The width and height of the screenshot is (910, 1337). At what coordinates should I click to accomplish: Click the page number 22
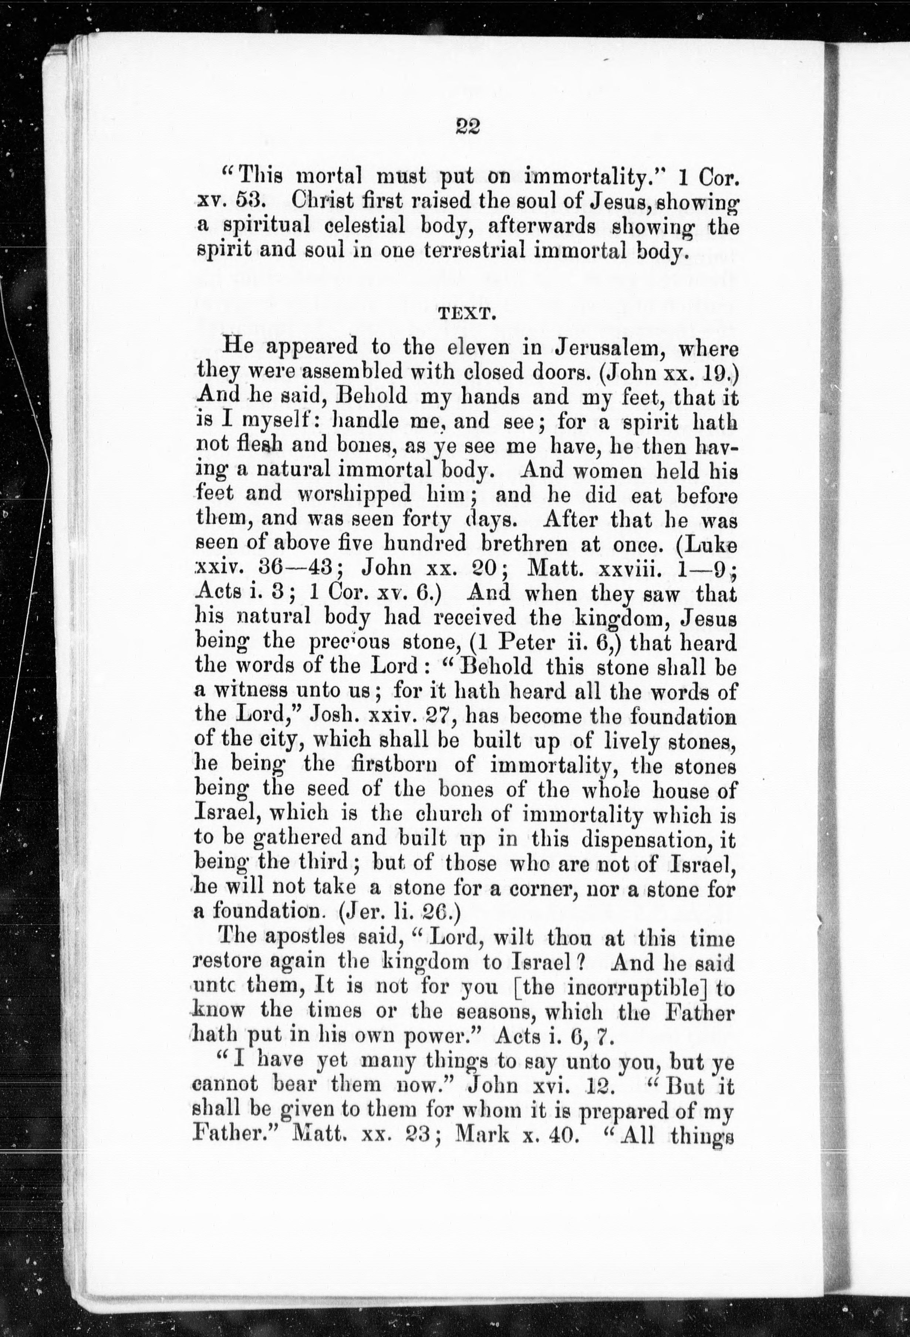[467, 126]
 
